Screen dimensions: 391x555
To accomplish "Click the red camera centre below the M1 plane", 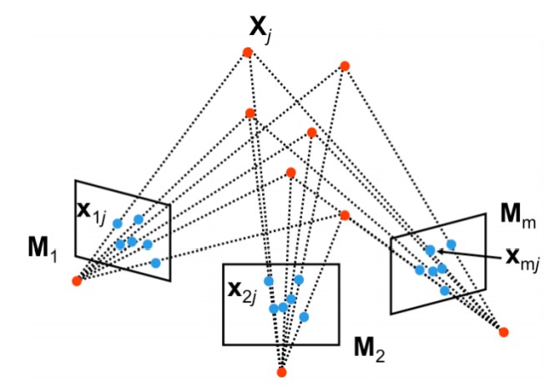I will click(77, 281).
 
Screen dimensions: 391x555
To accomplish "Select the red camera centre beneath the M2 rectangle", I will click(281, 372).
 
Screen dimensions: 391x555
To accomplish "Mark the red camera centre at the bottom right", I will click(503, 333).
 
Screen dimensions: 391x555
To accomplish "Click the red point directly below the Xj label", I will click(247, 53).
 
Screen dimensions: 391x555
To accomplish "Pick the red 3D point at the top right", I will click(344, 65).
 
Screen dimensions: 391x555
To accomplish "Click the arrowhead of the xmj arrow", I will click(436, 250).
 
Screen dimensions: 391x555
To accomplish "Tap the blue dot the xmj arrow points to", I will click(430, 249).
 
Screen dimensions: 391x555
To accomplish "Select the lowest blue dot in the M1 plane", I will click(155, 263).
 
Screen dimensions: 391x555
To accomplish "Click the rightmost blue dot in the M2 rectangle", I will click(305, 317).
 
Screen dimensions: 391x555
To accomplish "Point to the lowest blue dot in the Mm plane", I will click(445, 290).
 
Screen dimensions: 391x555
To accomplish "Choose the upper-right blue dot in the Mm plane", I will click(451, 244).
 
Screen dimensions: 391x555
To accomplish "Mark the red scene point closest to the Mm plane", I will click(344, 215).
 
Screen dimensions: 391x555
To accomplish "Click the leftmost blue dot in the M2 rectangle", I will click(269, 280).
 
